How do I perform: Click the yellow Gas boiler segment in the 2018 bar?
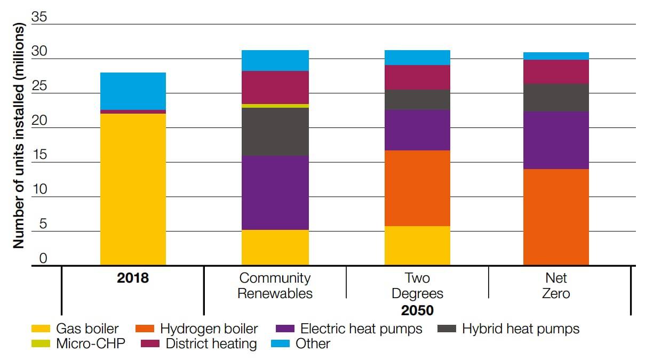tap(133, 189)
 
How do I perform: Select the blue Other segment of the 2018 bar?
tap(133, 91)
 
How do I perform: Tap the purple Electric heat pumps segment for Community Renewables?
tap(275, 193)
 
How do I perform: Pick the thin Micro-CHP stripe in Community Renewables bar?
tap(275, 106)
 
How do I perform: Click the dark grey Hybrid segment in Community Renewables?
tap(275, 132)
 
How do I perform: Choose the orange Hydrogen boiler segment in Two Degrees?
tap(417, 188)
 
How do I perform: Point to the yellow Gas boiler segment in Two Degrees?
tap(417, 245)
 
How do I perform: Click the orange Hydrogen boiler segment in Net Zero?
tap(556, 217)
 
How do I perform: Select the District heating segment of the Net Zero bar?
tap(556, 71)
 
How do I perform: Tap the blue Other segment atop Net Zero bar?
tap(556, 56)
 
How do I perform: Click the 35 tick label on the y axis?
tap(39, 17)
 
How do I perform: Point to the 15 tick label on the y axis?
tap(39, 155)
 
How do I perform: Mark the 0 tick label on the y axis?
tap(43, 259)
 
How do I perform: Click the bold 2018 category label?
tap(133, 278)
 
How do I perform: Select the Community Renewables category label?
tap(275, 285)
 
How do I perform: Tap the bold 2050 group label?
tap(418, 310)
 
